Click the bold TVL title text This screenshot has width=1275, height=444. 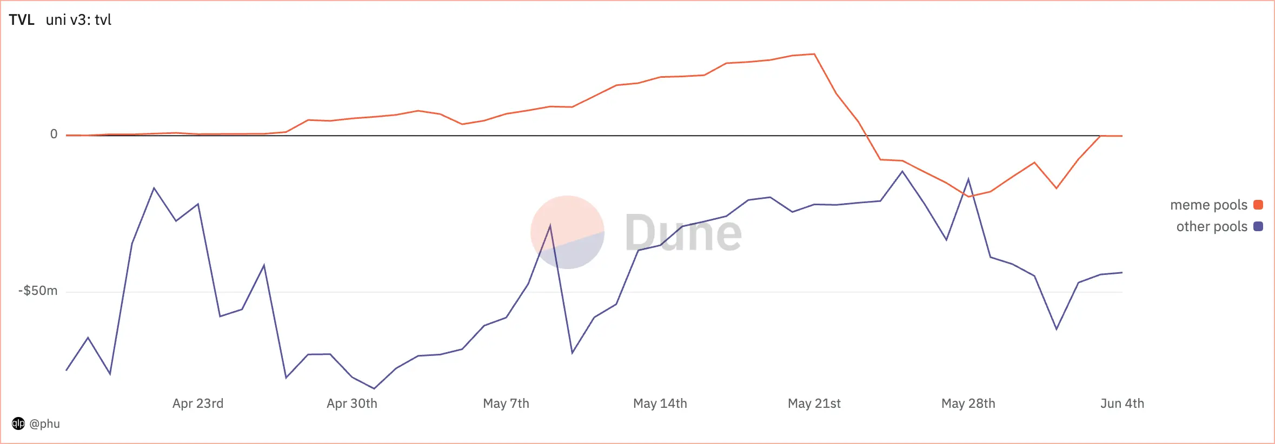point(22,20)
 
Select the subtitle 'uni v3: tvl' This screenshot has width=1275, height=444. point(78,20)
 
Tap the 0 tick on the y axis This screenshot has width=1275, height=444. point(54,134)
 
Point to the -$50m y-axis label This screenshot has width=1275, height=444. point(38,291)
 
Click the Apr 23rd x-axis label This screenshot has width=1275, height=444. point(198,403)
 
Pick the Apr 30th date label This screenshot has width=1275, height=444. point(352,403)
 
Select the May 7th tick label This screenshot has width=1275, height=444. point(506,403)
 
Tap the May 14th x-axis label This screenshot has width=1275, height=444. point(660,403)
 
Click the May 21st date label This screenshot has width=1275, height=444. point(814,403)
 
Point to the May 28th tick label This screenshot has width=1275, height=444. point(968,403)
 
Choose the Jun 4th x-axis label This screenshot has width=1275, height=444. point(1123,403)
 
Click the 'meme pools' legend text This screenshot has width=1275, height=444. point(1208,205)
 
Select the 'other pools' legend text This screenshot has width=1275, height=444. point(1212,227)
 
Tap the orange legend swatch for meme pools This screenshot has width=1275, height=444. point(1258,205)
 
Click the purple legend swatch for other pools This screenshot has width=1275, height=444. point(1258,226)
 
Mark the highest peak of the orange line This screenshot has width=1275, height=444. point(814,54)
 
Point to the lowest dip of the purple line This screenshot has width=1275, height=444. point(374,388)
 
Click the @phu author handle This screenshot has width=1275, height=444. point(44,423)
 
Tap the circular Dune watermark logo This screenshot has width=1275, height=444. point(567,232)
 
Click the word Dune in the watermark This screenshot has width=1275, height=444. point(683,233)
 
